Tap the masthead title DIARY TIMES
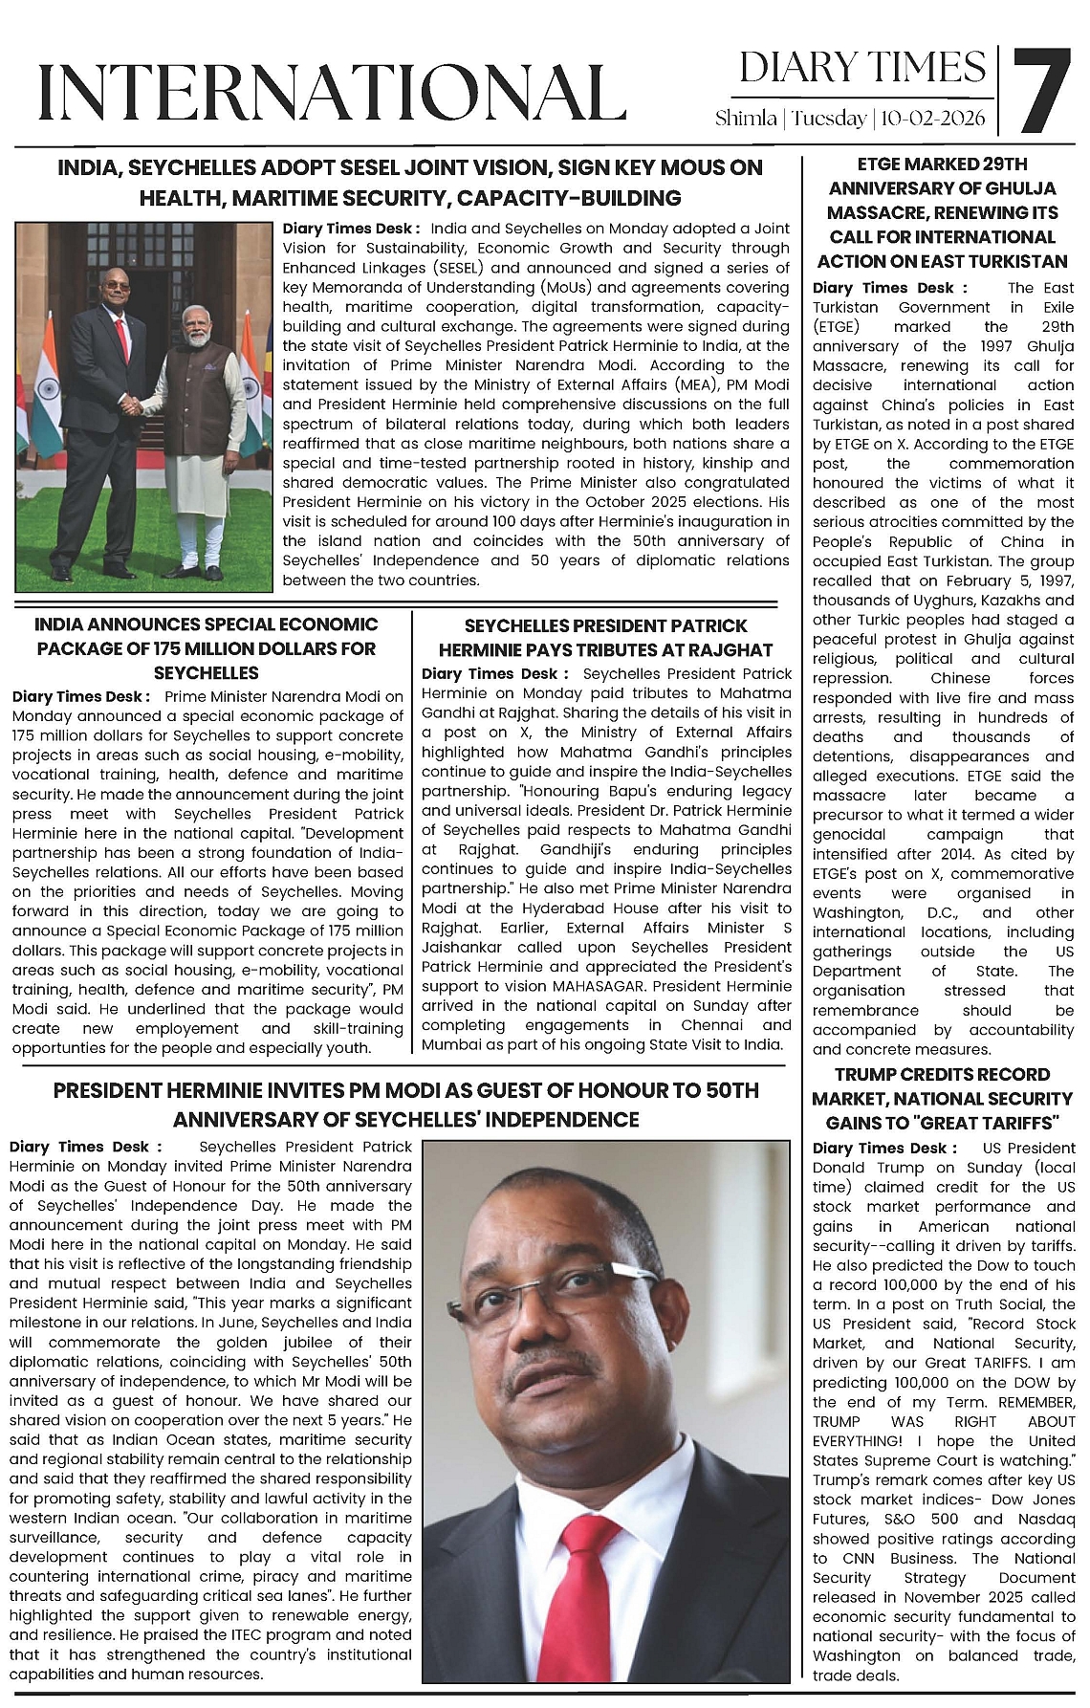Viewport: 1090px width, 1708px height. tap(862, 68)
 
